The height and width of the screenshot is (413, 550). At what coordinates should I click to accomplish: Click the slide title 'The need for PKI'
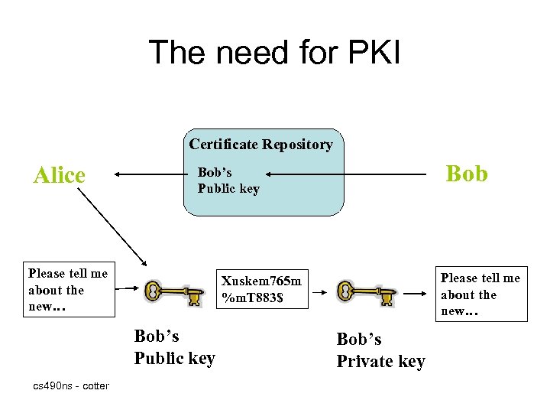tap(274, 52)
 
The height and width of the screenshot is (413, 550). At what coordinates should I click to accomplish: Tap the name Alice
tap(60, 175)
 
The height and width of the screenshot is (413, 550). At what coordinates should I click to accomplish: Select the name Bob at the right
tap(466, 174)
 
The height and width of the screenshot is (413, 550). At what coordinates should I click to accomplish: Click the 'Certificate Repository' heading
tap(261, 145)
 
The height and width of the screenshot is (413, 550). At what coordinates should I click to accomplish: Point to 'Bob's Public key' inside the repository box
tap(228, 180)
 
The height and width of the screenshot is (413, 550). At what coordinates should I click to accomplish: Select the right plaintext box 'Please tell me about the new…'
tap(480, 295)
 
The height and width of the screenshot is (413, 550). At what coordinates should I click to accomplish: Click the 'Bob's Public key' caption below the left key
tap(174, 346)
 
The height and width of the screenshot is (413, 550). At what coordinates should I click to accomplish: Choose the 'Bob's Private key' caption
tap(380, 350)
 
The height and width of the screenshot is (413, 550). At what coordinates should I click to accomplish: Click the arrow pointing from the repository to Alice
tap(149, 175)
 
